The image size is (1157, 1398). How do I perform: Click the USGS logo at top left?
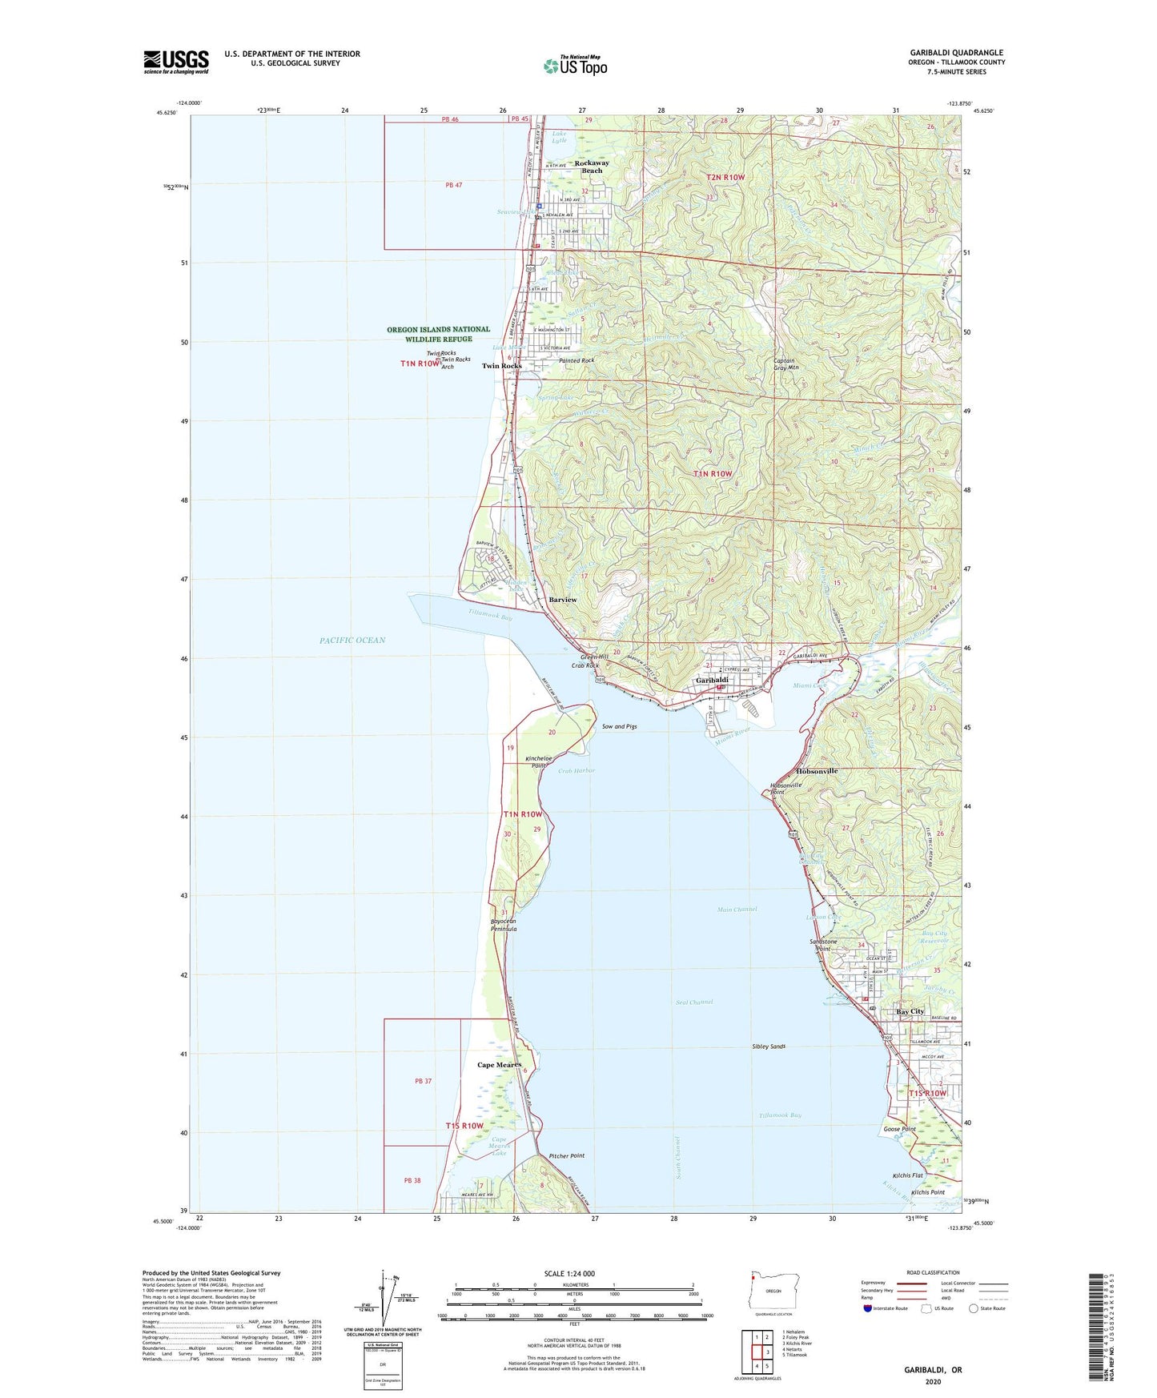pyautogui.click(x=176, y=62)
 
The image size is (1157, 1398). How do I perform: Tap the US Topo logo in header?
pyautogui.click(x=575, y=66)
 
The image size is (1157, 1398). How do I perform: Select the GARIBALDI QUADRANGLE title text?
pyautogui.click(x=956, y=53)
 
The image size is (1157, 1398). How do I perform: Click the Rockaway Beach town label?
pyautogui.click(x=592, y=167)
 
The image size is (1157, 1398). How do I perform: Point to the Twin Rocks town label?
pyautogui.click(x=501, y=366)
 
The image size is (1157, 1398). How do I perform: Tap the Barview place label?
pyautogui.click(x=562, y=600)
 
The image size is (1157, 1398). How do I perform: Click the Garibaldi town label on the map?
pyautogui.click(x=712, y=680)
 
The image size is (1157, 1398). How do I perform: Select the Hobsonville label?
pyautogui.click(x=817, y=771)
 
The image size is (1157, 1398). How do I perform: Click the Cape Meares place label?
pyautogui.click(x=499, y=1065)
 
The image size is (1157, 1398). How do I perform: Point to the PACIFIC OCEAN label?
pyautogui.click(x=352, y=640)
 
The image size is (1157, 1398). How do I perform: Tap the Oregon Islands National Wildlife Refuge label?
pyautogui.click(x=438, y=334)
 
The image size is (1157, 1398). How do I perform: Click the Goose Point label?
pyautogui.click(x=899, y=1129)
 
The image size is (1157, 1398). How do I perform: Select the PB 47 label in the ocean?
pyautogui.click(x=454, y=185)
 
